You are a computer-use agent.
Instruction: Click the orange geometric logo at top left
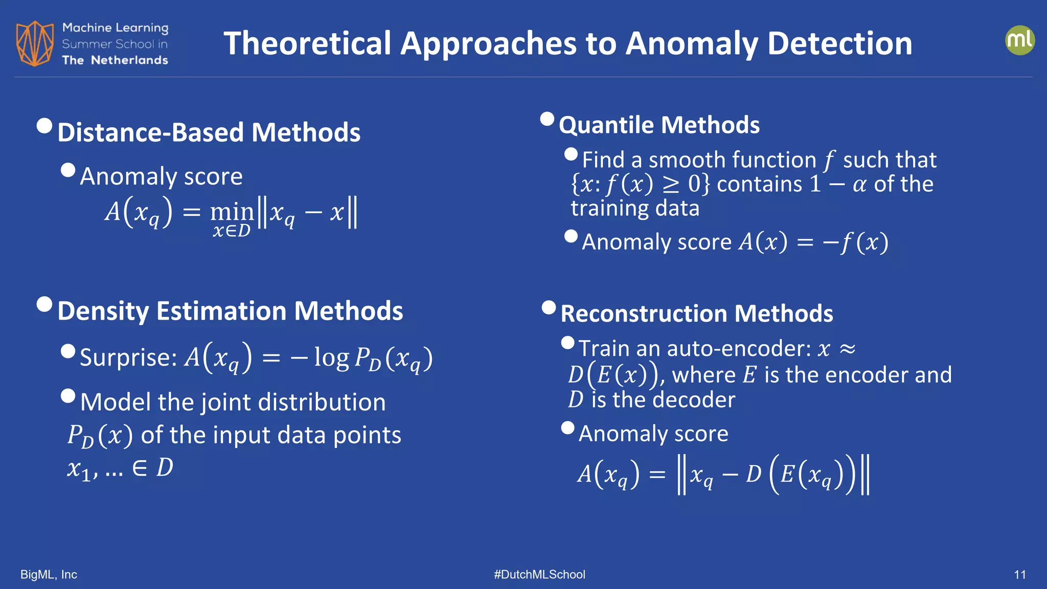34,43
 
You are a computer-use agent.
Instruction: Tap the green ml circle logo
1019,40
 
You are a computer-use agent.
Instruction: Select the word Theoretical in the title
307,43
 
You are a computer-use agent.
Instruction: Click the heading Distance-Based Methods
209,132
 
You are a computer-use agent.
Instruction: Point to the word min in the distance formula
232,211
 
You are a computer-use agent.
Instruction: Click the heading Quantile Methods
659,125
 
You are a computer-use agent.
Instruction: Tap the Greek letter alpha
859,185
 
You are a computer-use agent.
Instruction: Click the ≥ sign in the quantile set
671,185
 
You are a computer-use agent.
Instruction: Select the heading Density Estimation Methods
230,311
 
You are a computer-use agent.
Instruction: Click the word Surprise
128,357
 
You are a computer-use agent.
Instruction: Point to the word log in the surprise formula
331,357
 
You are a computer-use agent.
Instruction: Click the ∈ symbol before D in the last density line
140,468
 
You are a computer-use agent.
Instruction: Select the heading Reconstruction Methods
696,313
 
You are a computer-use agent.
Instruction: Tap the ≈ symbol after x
847,349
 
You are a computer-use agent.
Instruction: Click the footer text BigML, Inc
49,575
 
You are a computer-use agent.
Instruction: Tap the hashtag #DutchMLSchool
539,575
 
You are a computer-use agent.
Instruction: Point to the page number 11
1019,575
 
